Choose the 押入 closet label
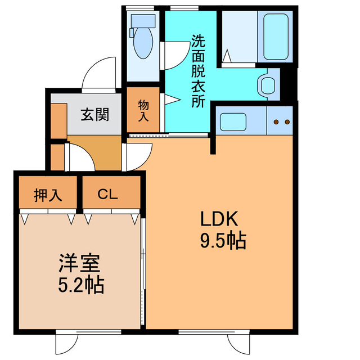(x=47, y=195)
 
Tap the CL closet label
(x=107, y=195)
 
